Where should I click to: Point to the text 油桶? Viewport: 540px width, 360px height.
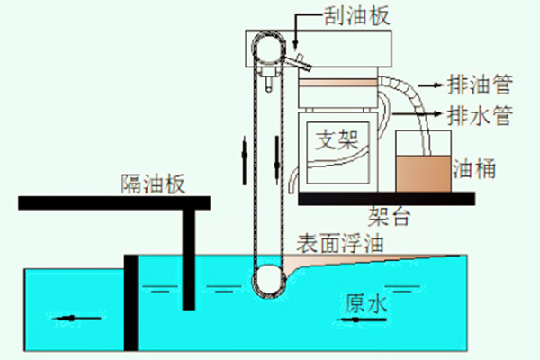coord(476,167)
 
